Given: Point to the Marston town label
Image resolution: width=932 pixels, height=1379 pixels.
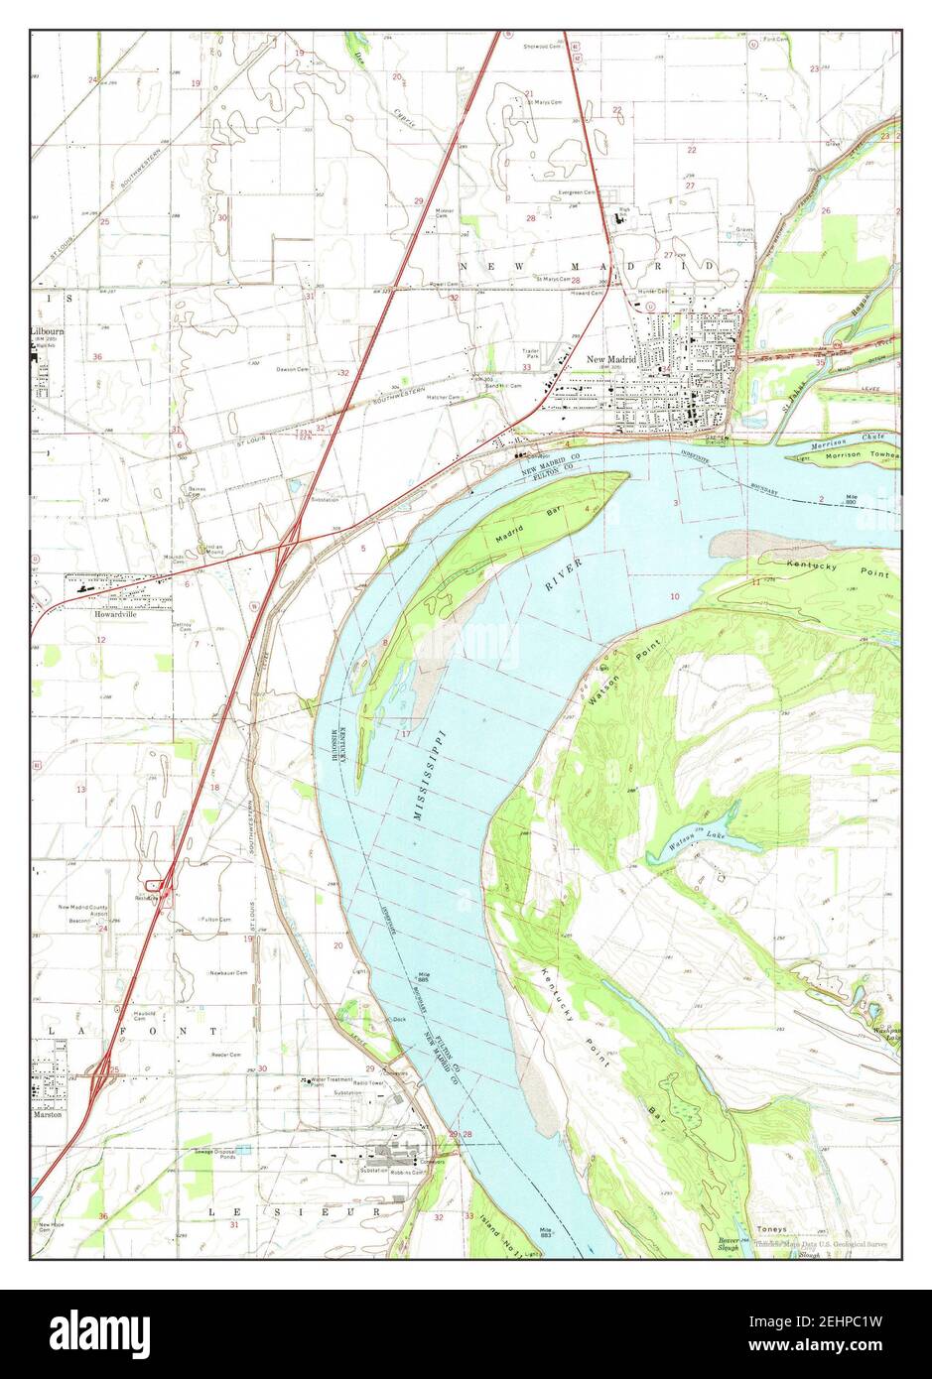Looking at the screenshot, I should tap(47, 1114).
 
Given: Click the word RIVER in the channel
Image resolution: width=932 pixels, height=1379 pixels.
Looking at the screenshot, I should tap(563, 576).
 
